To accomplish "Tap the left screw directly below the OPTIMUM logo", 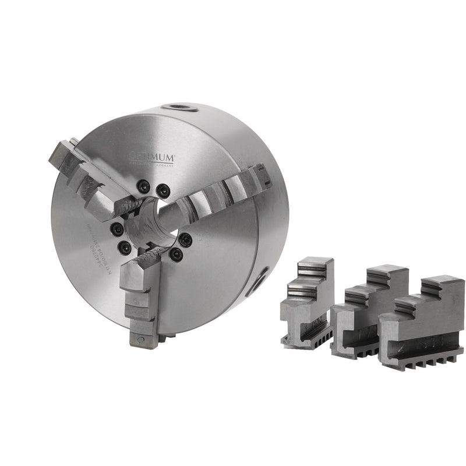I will click(143, 186).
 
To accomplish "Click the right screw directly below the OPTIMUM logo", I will click(164, 189).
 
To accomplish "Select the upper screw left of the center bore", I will click(117, 228).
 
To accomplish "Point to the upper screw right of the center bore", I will click(185, 239).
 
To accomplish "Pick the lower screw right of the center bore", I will click(175, 254).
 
